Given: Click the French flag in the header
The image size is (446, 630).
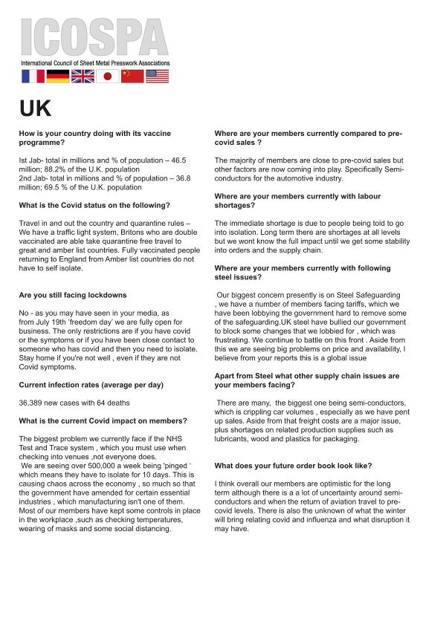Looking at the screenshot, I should point(33,76).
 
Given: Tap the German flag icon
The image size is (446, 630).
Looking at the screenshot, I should point(58,76).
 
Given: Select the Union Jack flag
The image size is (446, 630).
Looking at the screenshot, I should point(83,76).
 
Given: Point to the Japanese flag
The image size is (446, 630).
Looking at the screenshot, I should point(108,76).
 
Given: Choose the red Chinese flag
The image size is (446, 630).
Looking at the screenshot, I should point(132,76).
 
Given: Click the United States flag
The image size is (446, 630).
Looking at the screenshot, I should point(157,76).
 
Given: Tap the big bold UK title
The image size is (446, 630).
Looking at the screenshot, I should point(36,108).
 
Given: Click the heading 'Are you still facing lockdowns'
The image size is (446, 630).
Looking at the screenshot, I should point(72,296).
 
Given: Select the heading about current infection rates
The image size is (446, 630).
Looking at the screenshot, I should point(91,385).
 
